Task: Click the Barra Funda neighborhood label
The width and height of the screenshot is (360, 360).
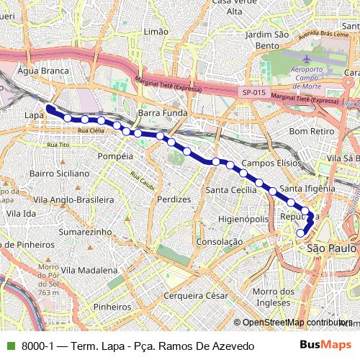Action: pos(162,114)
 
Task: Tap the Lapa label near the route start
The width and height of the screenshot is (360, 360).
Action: pos(33,114)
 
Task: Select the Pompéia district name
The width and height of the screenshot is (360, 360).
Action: pos(114,156)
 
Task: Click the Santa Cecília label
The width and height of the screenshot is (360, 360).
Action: pos(230,190)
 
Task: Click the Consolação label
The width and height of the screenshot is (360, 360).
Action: pos(219,242)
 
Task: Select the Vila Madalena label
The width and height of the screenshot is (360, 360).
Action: pos(89,269)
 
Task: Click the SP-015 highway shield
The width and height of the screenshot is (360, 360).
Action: pos(253,92)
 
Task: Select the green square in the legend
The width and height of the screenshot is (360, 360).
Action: pos(9,346)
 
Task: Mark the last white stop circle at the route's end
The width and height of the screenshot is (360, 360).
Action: pos(301,233)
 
